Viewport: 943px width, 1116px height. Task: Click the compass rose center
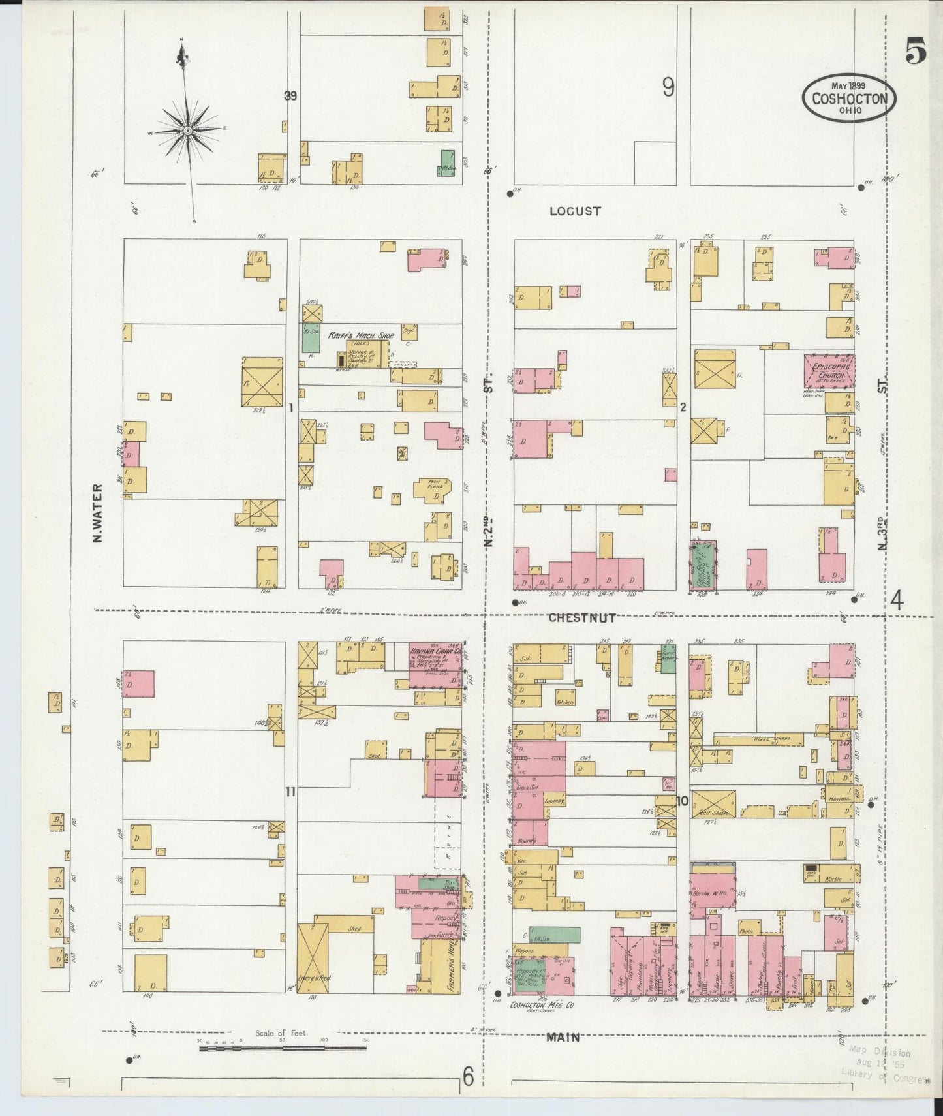(x=187, y=131)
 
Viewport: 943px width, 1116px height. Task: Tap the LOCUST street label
(x=574, y=211)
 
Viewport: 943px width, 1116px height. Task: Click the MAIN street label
(x=563, y=1036)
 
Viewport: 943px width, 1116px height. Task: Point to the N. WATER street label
(x=99, y=513)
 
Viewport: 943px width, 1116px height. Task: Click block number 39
(x=290, y=96)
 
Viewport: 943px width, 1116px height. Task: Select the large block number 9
(x=668, y=87)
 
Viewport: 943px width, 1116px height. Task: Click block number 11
(x=290, y=792)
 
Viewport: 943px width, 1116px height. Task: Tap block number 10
(x=683, y=801)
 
